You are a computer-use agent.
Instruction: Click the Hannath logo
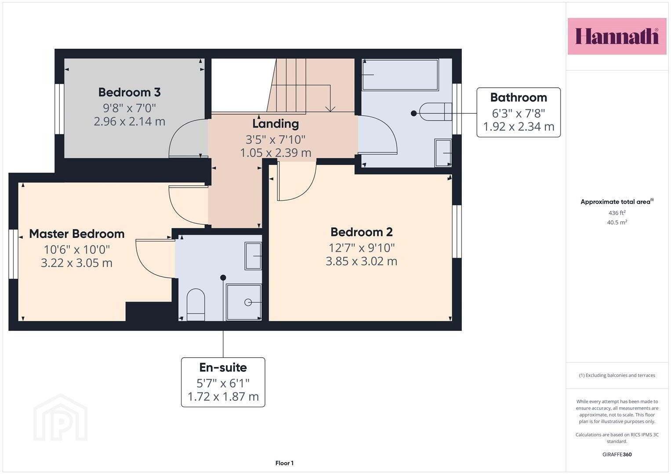tap(617, 36)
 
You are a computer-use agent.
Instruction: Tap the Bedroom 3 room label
tap(129, 92)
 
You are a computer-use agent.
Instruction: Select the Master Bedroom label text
tap(77, 233)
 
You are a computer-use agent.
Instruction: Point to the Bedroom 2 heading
tap(362, 232)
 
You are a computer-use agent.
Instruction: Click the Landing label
tap(276, 124)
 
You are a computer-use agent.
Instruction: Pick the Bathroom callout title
tap(519, 97)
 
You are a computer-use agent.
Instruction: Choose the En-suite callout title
tap(223, 367)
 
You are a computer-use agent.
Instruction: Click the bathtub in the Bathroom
tap(400, 75)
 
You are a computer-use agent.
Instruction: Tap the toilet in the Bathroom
tap(436, 111)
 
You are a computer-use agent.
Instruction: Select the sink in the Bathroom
tap(443, 153)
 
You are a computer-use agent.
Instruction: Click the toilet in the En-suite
tap(196, 304)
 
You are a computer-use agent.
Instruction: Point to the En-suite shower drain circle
tap(248, 302)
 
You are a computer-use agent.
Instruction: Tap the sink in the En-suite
tap(253, 256)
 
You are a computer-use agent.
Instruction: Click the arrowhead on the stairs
tap(330, 109)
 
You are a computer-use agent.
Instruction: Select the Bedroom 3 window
tap(59, 109)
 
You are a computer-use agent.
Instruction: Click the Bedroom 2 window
tap(457, 231)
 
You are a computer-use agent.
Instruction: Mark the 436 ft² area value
tap(617, 213)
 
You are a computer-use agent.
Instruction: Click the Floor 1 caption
tap(284, 463)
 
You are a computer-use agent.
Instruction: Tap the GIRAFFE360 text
tap(617, 454)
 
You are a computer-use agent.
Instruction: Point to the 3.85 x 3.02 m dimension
tap(362, 261)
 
